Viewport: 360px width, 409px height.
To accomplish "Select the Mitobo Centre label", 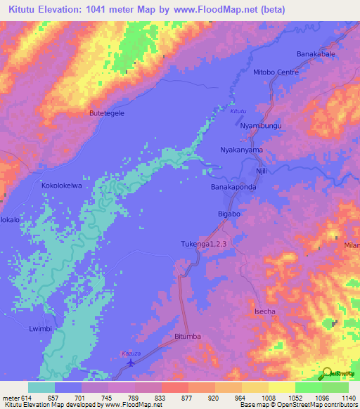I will click(x=276, y=72).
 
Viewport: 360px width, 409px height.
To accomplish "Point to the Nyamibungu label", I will click(x=261, y=126).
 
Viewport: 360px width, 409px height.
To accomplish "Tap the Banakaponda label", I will click(x=233, y=188).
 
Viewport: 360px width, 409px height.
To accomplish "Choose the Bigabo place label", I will click(x=229, y=213).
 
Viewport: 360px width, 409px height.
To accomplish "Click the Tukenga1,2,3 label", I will click(x=204, y=244).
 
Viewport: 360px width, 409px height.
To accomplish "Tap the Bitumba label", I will click(x=188, y=337).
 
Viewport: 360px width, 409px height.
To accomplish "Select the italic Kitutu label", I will click(x=239, y=111).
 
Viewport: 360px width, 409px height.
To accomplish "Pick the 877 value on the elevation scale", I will click(x=177, y=398).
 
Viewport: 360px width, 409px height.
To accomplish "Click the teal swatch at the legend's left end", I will click(x=41, y=387).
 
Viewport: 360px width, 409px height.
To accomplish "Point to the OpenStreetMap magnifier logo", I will click(x=327, y=374).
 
